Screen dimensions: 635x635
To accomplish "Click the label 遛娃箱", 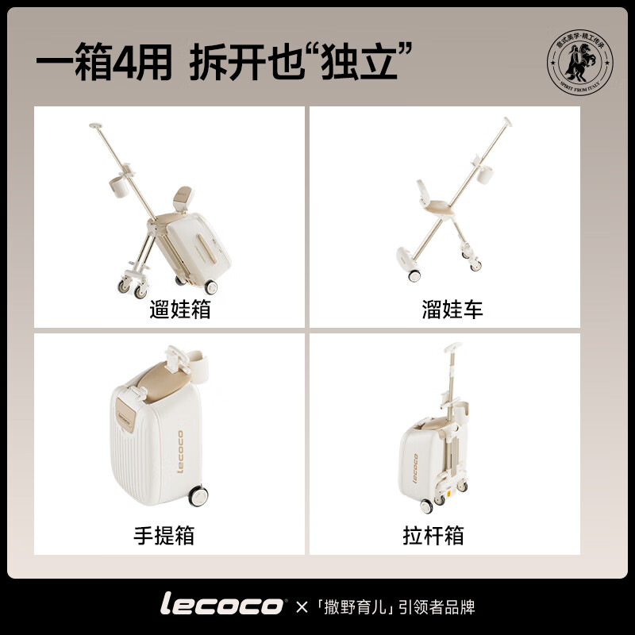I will tap(180, 310).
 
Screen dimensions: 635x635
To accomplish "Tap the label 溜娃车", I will tap(452, 310).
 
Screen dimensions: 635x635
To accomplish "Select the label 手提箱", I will tap(164, 536).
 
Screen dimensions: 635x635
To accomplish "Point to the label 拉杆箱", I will tap(433, 536).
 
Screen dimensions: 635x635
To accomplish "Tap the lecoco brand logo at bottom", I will tap(222, 606).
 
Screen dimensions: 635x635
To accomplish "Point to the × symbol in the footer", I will tap(301, 607).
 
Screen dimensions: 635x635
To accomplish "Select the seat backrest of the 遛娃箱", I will tap(183, 195).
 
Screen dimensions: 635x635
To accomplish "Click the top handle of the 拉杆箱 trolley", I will tap(454, 347).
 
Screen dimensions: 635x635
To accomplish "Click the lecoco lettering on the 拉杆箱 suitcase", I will tap(414, 468).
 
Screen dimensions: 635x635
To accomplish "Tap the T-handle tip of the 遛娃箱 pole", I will tap(97, 125).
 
